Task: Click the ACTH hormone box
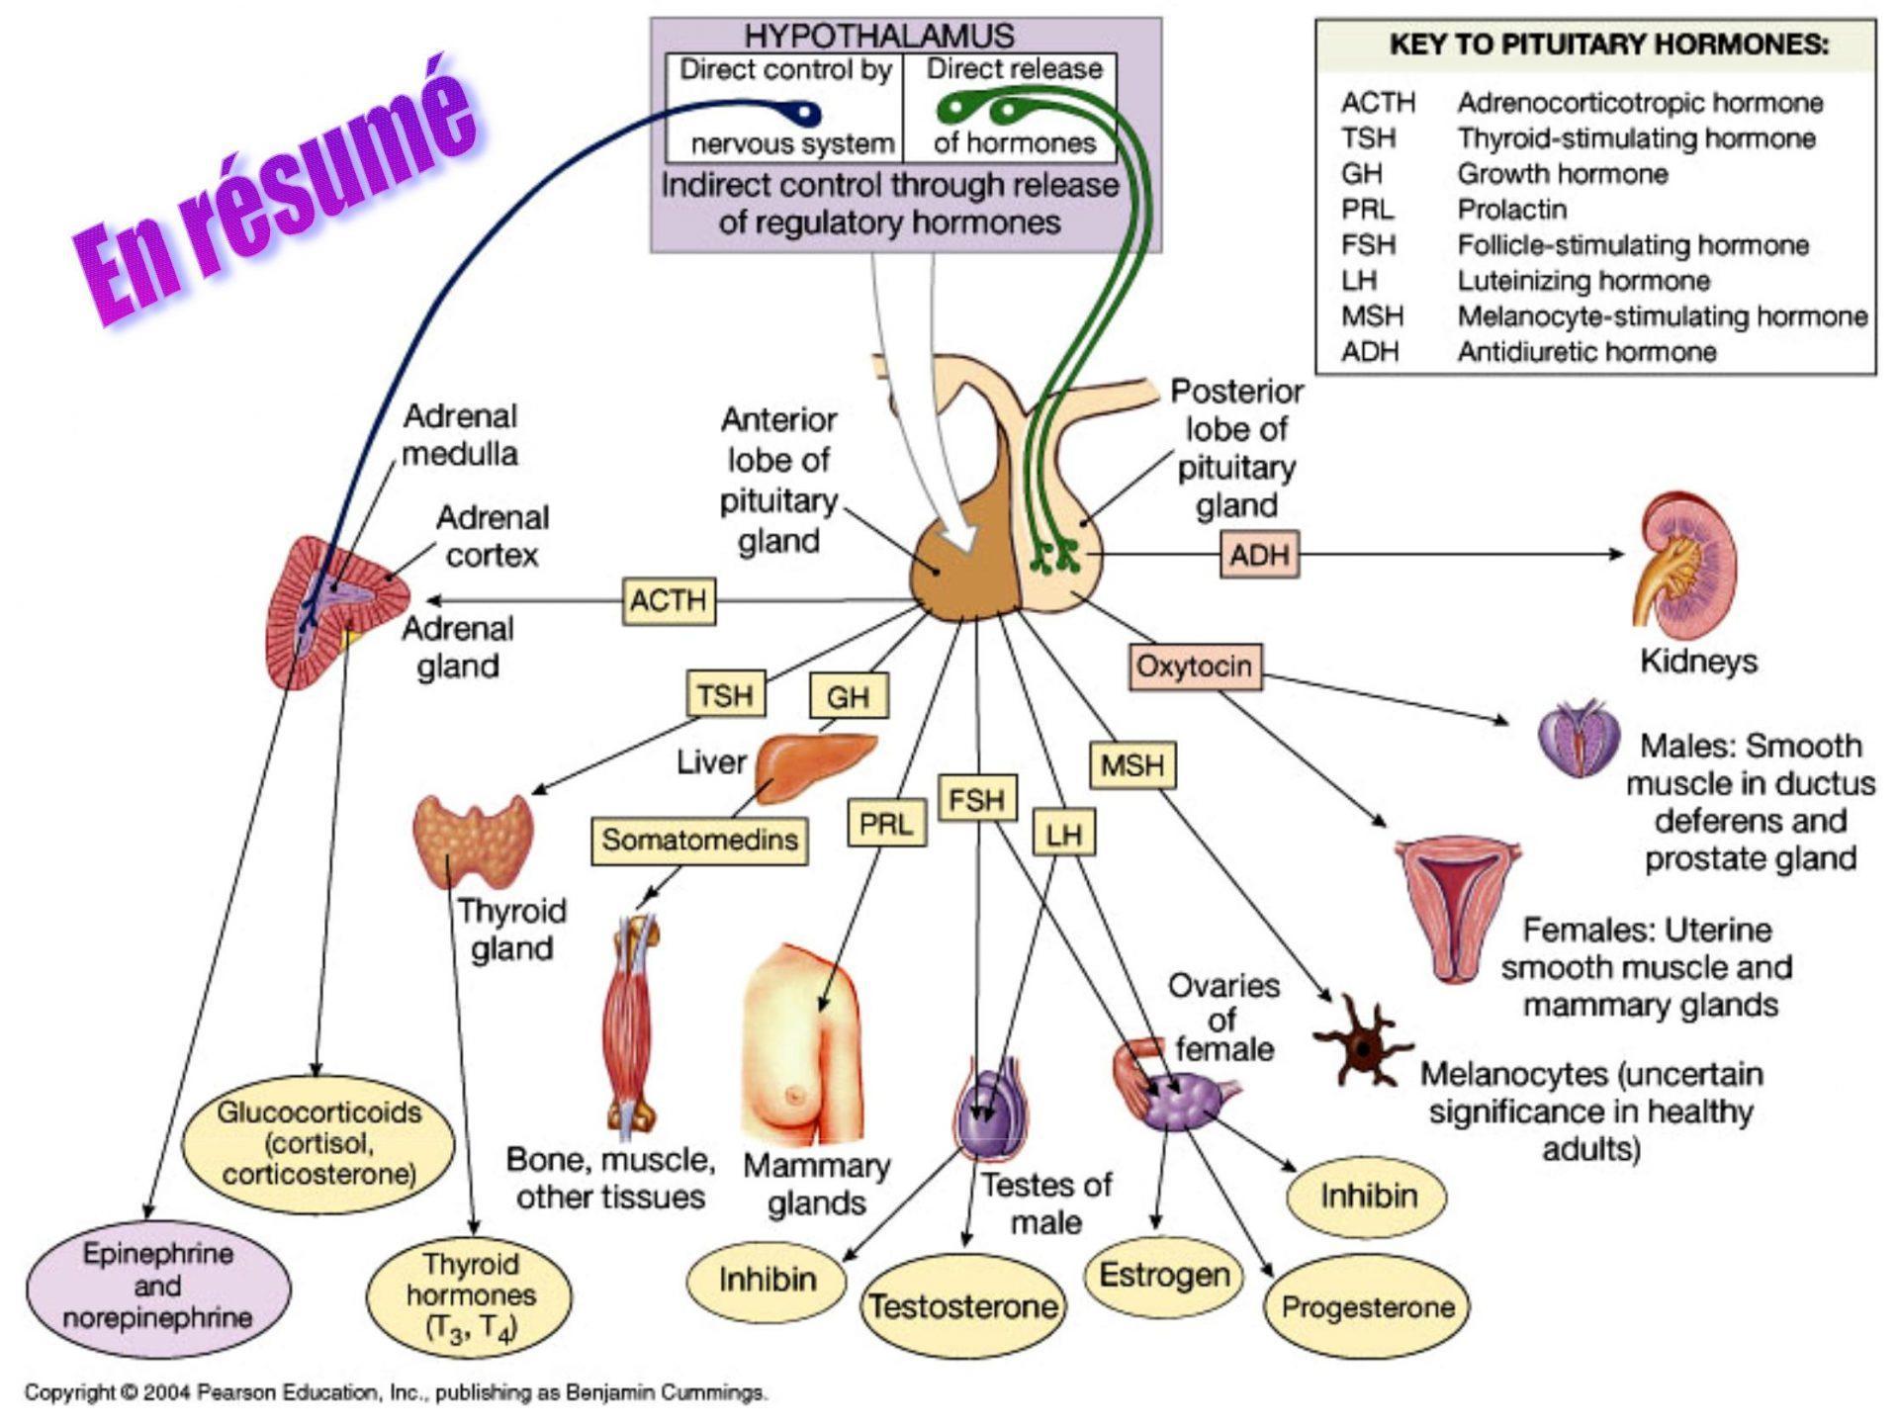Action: coord(669,600)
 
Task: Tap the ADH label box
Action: coord(1259,555)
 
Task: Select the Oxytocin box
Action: coord(1195,667)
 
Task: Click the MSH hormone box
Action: coord(1132,765)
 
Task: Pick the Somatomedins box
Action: coord(699,840)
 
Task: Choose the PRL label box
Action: coord(885,824)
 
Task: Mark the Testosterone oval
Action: coord(963,1307)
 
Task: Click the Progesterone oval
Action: coord(1368,1307)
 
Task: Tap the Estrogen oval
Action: coord(1164,1276)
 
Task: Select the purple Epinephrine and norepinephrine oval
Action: coord(158,1286)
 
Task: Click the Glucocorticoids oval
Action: coord(318,1143)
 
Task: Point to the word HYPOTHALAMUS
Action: coord(878,37)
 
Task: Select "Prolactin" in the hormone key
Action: coord(1511,210)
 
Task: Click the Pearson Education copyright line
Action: coord(396,1392)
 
